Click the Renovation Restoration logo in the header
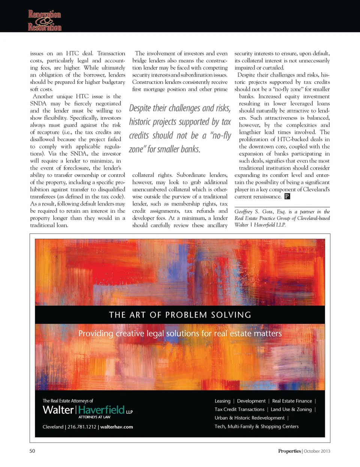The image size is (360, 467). [x=45, y=21]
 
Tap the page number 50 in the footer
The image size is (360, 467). [x=32, y=451]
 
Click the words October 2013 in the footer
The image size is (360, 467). [x=317, y=451]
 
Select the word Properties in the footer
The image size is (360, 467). [x=289, y=451]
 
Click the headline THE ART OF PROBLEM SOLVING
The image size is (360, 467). [x=180, y=315]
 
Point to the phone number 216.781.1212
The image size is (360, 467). [x=82, y=427]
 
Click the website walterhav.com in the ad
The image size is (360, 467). [x=117, y=427]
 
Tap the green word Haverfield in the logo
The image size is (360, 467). [x=101, y=410]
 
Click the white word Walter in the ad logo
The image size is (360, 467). [x=58, y=410]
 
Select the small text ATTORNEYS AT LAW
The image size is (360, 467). [x=94, y=417]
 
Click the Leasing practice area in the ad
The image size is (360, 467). [x=222, y=401]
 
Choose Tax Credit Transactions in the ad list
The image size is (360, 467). [x=239, y=410]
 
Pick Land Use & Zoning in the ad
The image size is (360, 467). [x=291, y=410]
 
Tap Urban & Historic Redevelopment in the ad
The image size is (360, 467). [x=249, y=418]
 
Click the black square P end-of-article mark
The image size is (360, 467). [x=287, y=196]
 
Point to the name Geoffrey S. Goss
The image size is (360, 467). [x=254, y=212]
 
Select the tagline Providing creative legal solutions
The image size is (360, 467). [x=180, y=333]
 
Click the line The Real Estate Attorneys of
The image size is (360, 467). [x=68, y=401]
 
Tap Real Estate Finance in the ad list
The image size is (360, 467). [x=292, y=401]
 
